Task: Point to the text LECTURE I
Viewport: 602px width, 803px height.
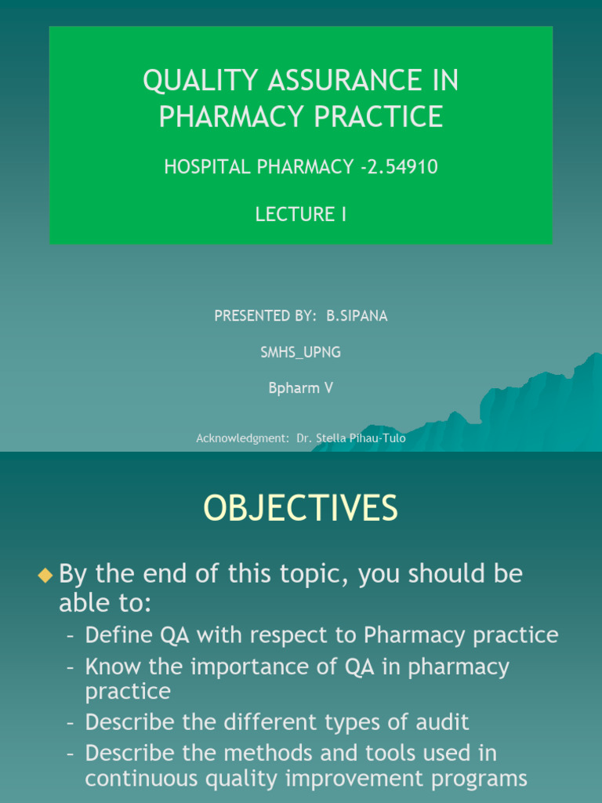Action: coord(301,214)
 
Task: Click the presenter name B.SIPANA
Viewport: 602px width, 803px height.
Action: coord(357,315)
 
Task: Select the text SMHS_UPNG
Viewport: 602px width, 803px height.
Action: coord(301,352)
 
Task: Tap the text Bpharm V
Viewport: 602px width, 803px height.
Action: coord(301,388)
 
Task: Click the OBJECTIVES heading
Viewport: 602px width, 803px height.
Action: coord(301,509)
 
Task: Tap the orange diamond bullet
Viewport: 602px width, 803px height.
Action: coord(45,576)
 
